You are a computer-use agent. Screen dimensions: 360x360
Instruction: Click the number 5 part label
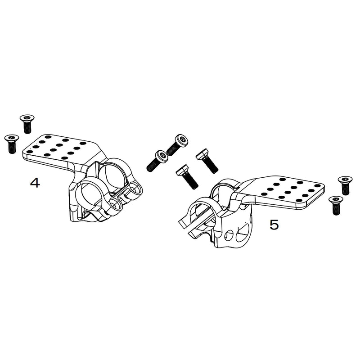tap(274, 225)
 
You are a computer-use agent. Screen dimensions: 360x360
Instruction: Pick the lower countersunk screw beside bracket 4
tap(11, 143)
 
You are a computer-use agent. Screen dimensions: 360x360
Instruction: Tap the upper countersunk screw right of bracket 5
tap(345, 184)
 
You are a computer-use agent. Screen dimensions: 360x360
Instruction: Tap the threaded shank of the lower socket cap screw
tap(152, 165)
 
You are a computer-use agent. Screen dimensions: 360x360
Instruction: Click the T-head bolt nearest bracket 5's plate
tap(207, 161)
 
